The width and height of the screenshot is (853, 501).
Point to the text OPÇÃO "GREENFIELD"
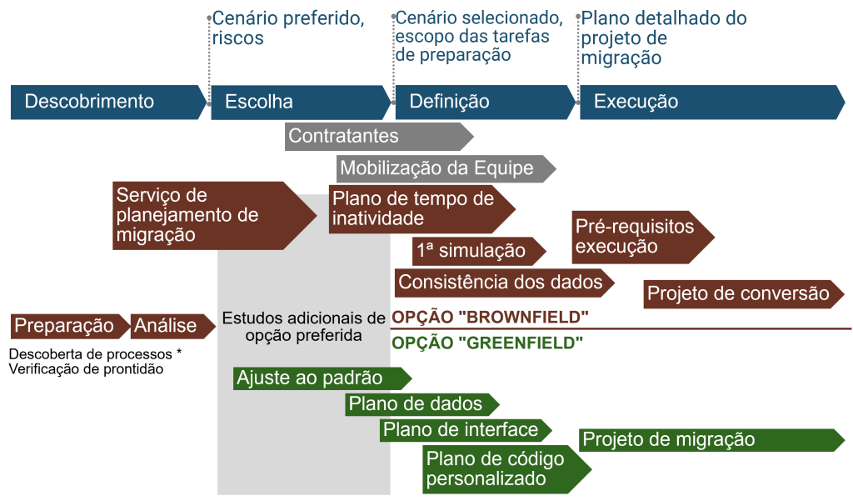point(487,343)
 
